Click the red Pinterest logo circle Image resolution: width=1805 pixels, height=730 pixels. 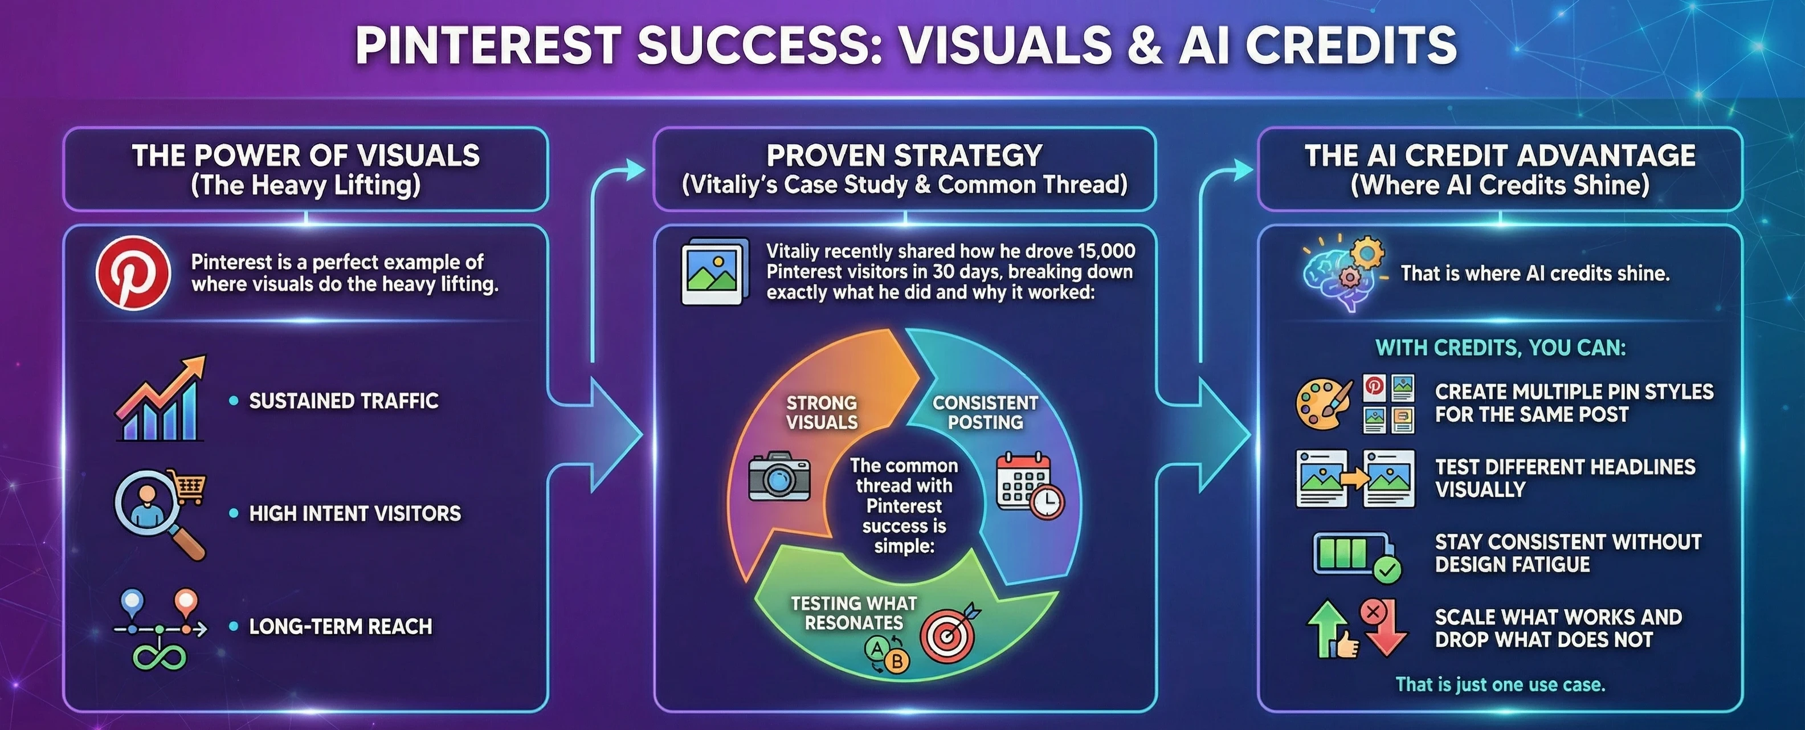[133, 272]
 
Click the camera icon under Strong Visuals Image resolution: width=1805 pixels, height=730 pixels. [779, 476]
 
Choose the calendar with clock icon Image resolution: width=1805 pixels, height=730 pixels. [1030, 485]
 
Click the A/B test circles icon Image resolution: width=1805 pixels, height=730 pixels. [887, 656]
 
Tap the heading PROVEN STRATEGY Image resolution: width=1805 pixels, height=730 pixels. [905, 155]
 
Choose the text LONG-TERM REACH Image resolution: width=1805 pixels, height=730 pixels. [341, 626]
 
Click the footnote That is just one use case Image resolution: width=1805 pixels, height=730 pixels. [1500, 684]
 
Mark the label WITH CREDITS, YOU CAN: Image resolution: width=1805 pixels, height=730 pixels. [1500, 348]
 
